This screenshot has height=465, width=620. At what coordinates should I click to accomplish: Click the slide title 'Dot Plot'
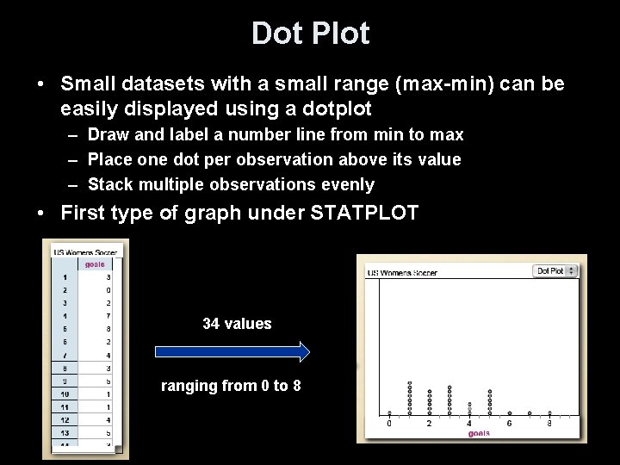pyautogui.click(x=310, y=34)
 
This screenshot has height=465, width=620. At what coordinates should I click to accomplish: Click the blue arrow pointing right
pyautogui.click(x=232, y=351)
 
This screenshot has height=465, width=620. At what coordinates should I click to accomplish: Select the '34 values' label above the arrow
pyautogui.click(x=237, y=324)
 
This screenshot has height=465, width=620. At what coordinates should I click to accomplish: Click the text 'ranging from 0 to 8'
pyautogui.click(x=232, y=386)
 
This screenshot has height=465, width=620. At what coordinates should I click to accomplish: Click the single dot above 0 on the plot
pyautogui.click(x=389, y=413)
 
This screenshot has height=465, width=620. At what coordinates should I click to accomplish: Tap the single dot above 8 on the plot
pyautogui.click(x=549, y=413)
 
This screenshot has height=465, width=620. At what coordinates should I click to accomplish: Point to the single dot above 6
pyautogui.click(x=510, y=413)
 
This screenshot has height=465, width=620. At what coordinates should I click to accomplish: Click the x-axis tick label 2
pyautogui.click(x=429, y=423)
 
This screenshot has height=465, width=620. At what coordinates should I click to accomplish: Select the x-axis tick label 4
pyautogui.click(x=469, y=423)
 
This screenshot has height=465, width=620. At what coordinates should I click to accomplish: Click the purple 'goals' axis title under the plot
pyautogui.click(x=480, y=432)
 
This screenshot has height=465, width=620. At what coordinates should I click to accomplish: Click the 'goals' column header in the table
pyautogui.click(x=95, y=265)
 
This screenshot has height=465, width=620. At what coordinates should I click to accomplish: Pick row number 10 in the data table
pyautogui.click(x=65, y=393)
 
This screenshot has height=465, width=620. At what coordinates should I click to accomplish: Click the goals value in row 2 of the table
pyautogui.click(x=108, y=291)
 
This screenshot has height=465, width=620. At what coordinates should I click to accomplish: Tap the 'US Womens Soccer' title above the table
pyautogui.click(x=85, y=252)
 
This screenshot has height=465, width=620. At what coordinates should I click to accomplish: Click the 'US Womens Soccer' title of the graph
pyautogui.click(x=403, y=272)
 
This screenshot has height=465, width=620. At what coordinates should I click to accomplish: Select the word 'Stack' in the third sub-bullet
pyautogui.click(x=109, y=184)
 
